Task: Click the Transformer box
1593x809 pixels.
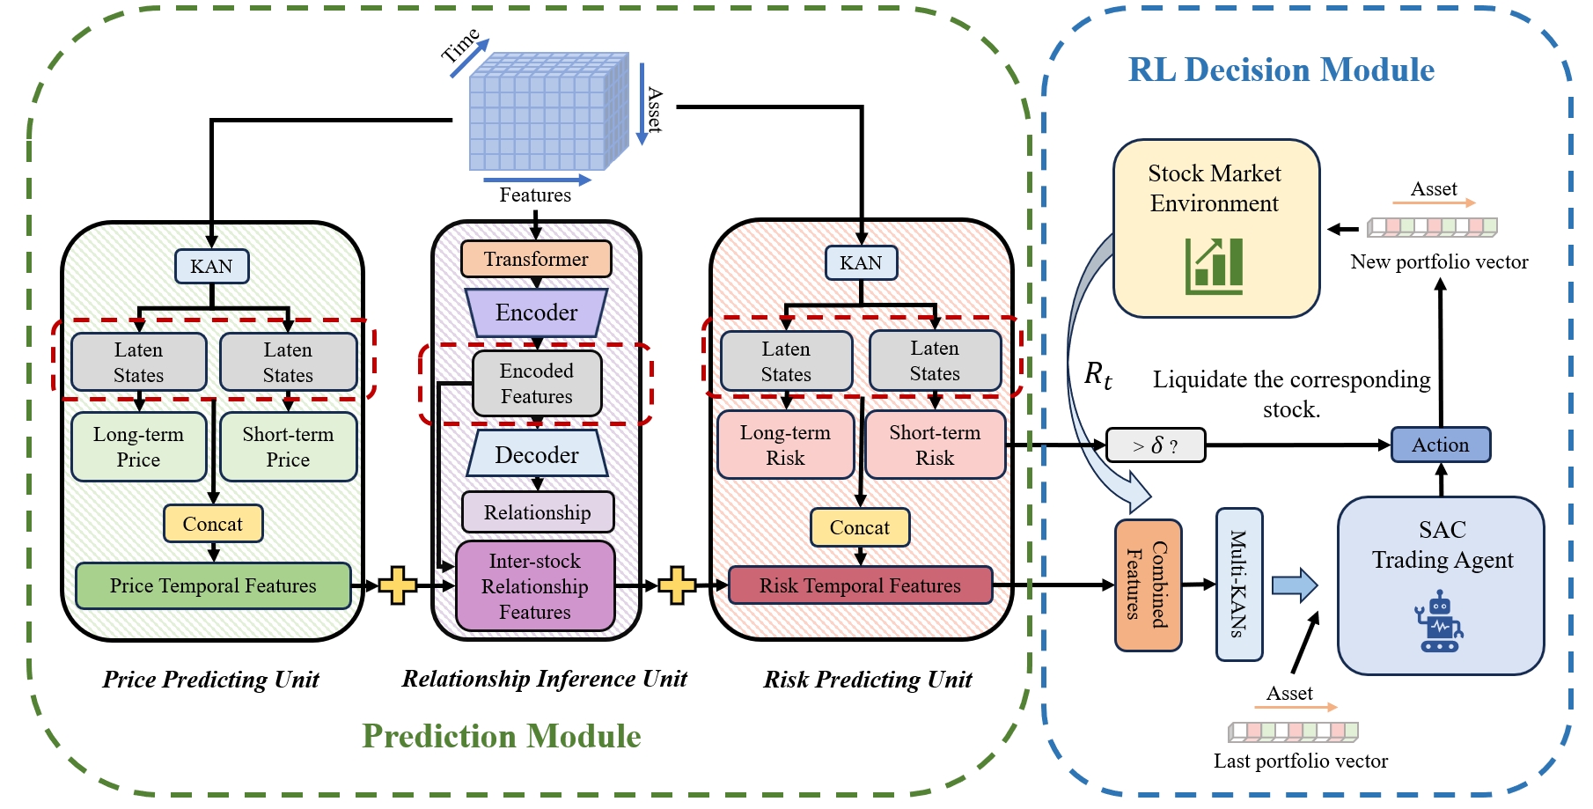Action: pos(536,259)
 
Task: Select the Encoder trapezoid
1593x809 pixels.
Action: pos(536,313)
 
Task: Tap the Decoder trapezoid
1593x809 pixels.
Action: pos(537,454)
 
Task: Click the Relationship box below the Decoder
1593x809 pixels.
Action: pos(537,512)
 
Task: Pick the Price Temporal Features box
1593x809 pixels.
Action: pos(213,586)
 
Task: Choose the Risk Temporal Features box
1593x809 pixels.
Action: pos(860,586)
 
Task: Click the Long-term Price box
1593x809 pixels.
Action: pos(138,447)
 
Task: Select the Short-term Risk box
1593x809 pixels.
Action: pos(935,445)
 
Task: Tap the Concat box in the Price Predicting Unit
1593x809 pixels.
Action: pos(213,524)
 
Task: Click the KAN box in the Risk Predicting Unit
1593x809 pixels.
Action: pos(861,263)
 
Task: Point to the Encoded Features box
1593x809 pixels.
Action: pos(537,384)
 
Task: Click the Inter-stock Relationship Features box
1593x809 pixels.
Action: pos(535,586)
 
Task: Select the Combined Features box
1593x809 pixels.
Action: pos(1148,585)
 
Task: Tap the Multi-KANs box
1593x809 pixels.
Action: pos(1238,585)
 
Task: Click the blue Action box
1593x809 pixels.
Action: pos(1440,445)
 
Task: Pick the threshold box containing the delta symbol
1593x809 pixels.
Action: pos(1155,445)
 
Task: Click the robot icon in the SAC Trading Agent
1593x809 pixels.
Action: pos(1438,623)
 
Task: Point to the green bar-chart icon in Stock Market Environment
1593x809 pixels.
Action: pos(1215,266)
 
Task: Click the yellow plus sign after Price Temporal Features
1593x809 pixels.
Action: pos(398,585)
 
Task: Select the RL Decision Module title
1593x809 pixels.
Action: pos(1281,70)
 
